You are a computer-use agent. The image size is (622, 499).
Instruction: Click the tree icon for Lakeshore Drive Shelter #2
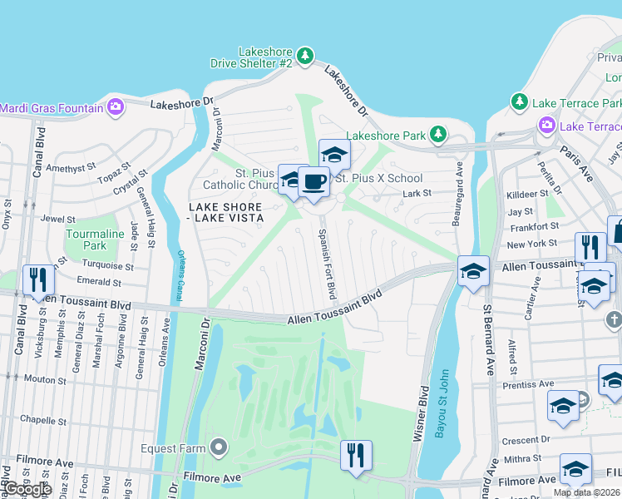tap(306, 56)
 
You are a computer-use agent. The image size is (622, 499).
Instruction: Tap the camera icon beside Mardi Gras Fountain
tap(115, 106)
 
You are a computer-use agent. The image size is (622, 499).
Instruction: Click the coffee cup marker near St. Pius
tap(313, 182)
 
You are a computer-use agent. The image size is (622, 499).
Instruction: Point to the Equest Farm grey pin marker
tap(219, 448)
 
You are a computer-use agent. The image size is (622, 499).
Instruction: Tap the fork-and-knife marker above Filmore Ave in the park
tap(356, 455)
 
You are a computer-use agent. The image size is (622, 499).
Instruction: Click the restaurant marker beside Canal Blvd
tap(38, 280)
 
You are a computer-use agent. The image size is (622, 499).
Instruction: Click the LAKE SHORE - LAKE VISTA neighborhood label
tap(225, 212)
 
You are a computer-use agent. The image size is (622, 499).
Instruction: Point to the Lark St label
tap(417, 193)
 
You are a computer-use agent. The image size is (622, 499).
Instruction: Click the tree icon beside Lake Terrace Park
tap(520, 101)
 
